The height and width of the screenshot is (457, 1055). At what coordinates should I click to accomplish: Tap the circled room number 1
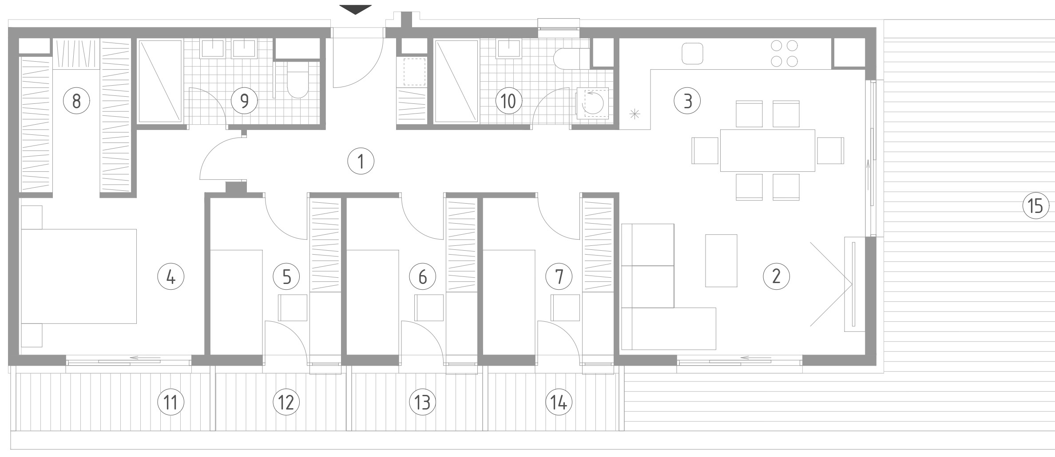361,162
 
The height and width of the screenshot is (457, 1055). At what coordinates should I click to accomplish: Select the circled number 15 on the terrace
1035,206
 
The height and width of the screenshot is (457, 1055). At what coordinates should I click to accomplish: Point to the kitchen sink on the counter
693,53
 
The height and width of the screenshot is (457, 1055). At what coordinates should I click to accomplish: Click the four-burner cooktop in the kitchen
784,53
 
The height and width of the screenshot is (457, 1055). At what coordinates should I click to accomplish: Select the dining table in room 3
767,150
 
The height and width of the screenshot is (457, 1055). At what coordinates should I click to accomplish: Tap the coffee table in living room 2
721,260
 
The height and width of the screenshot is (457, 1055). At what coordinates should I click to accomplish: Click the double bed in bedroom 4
79,276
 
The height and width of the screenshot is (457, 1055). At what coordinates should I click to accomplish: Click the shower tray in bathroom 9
160,81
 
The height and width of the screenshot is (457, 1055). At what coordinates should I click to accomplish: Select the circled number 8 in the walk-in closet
76,101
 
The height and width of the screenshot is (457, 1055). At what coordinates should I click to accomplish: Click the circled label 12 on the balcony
286,402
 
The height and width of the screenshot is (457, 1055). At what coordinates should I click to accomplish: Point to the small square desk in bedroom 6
429,307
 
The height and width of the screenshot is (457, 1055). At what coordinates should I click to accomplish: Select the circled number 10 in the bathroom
508,101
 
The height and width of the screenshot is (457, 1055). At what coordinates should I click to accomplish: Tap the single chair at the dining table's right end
830,150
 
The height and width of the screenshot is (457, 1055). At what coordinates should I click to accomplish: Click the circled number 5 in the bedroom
286,277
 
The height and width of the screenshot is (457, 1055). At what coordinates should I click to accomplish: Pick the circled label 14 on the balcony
559,402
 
